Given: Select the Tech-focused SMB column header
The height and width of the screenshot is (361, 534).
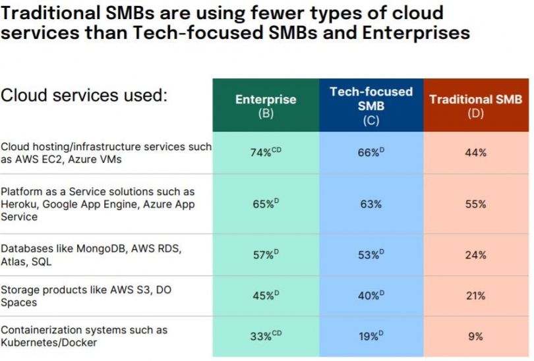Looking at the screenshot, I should tap(371, 105).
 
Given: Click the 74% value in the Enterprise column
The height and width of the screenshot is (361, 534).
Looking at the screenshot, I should tap(264, 153).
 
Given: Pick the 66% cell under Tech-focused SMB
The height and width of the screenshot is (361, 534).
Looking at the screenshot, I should tap(369, 153).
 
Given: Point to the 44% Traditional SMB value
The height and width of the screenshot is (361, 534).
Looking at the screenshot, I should tap(475, 153).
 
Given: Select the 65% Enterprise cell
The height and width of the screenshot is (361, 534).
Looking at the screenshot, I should tap(264, 204).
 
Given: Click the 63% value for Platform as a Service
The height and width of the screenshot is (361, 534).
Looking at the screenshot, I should tap(371, 204).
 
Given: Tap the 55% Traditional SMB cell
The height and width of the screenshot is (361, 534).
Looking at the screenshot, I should tap(475, 204).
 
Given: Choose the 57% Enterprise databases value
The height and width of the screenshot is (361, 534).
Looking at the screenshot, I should tap(264, 255).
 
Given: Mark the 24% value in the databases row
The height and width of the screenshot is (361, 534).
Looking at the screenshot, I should tap(475, 255).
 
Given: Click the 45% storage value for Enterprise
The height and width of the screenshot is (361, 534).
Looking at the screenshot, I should tap(264, 296).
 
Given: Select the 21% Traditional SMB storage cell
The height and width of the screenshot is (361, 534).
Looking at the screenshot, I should tap(475, 296).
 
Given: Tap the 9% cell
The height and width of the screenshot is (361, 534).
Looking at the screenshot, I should tap(475, 336).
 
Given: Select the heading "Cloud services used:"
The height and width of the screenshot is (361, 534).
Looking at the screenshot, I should tap(84, 96).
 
